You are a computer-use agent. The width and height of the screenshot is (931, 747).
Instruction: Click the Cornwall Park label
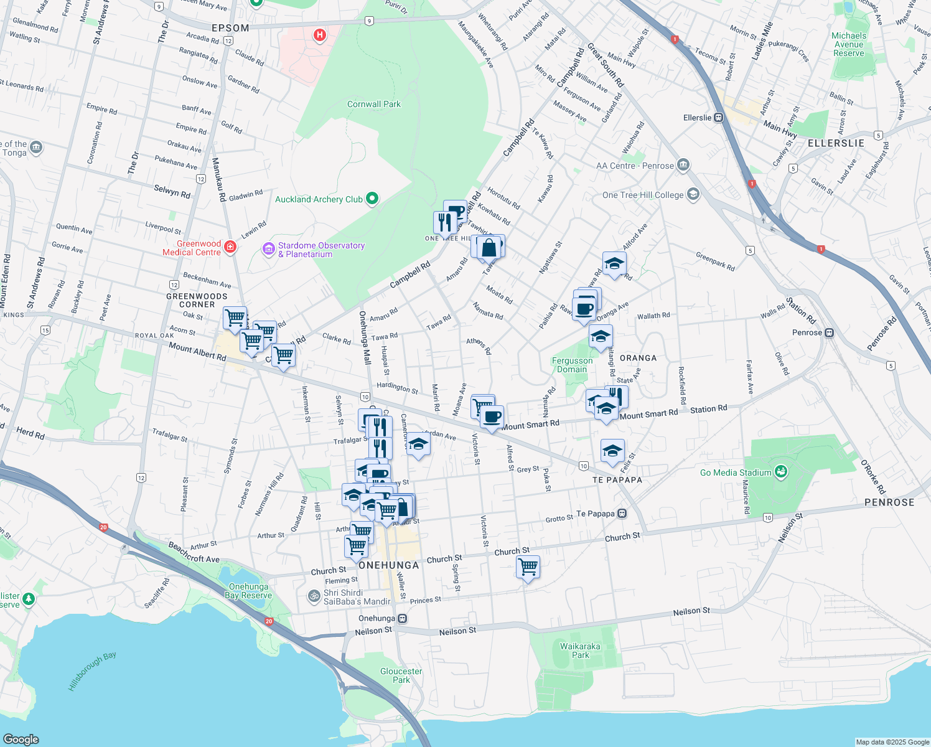coord(373,104)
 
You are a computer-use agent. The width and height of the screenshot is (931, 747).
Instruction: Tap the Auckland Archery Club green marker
coord(372,199)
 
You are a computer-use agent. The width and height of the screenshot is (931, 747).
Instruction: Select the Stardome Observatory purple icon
coord(269,250)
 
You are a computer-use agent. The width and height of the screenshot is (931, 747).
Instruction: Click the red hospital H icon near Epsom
coord(320,35)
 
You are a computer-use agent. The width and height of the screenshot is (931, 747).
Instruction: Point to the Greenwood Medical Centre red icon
coord(230,247)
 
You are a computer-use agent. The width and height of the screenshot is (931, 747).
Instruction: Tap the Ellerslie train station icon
coord(719,118)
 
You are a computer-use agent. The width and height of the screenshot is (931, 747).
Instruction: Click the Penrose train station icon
coord(830,332)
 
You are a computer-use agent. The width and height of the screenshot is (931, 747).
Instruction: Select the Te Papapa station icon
coord(622,514)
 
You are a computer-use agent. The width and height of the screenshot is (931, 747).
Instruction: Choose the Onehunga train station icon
coord(403,618)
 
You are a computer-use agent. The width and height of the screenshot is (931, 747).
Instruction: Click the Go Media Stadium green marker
coord(781,472)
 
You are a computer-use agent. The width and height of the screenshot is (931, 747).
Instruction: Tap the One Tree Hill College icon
coord(693,195)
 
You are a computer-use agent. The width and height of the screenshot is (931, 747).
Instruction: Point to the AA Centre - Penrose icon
coord(683,165)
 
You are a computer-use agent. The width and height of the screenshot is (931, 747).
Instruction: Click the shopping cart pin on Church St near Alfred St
coord(528,567)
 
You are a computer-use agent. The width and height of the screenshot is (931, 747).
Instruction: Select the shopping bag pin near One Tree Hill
coord(490,247)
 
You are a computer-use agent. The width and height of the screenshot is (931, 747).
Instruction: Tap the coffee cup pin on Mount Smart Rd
coord(492,416)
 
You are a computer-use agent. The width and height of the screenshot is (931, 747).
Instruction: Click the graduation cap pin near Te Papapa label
coord(612,451)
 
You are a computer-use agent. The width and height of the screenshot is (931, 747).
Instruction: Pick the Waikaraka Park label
coord(580,651)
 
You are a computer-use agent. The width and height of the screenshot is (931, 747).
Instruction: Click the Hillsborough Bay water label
coord(92,671)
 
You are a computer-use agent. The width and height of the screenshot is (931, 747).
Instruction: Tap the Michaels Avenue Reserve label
coord(849,44)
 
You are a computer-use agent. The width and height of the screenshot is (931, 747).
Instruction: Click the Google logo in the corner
coord(21,739)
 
